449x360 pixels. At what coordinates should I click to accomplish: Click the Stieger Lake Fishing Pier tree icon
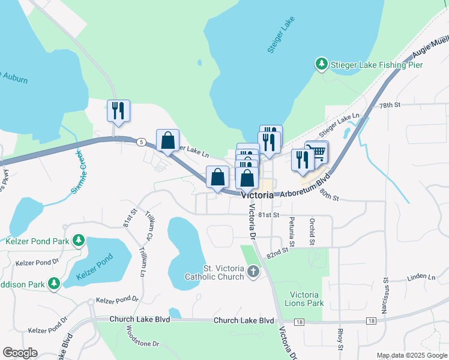322,64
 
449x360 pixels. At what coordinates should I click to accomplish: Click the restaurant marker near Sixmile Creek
118,111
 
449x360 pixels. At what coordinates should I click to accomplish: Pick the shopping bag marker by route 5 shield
168,141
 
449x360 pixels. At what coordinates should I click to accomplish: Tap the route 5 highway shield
140,142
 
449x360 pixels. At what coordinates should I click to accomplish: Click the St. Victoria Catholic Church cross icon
253,272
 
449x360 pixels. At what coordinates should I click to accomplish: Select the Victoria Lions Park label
307,299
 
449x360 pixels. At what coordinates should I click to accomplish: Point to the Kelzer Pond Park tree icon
78,241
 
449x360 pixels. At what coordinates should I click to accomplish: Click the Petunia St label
292,232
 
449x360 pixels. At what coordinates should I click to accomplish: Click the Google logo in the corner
20,353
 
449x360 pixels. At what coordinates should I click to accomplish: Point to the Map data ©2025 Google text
412,355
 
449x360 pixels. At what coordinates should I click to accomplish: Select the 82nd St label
278,254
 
